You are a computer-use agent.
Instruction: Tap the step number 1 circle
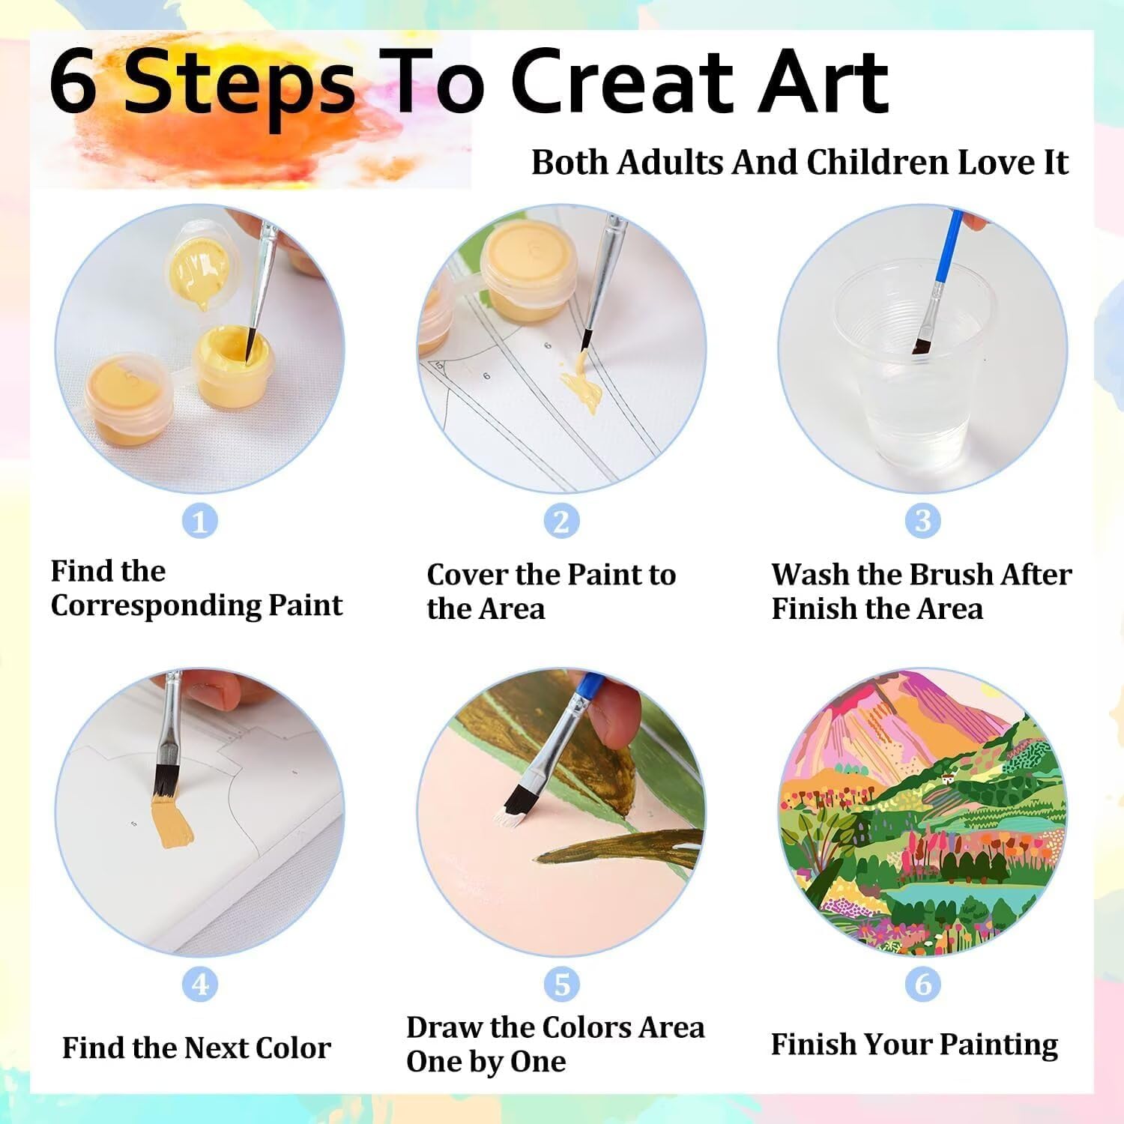[200, 521]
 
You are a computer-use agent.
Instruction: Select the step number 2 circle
[561, 521]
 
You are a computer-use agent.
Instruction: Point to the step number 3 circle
[923, 521]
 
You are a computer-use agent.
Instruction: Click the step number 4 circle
[200, 984]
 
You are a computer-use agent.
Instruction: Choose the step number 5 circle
[561, 984]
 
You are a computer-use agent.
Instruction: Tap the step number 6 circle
[923, 984]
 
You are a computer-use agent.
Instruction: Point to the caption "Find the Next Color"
[196, 1048]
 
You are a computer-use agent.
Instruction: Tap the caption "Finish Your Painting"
[915, 1045]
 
